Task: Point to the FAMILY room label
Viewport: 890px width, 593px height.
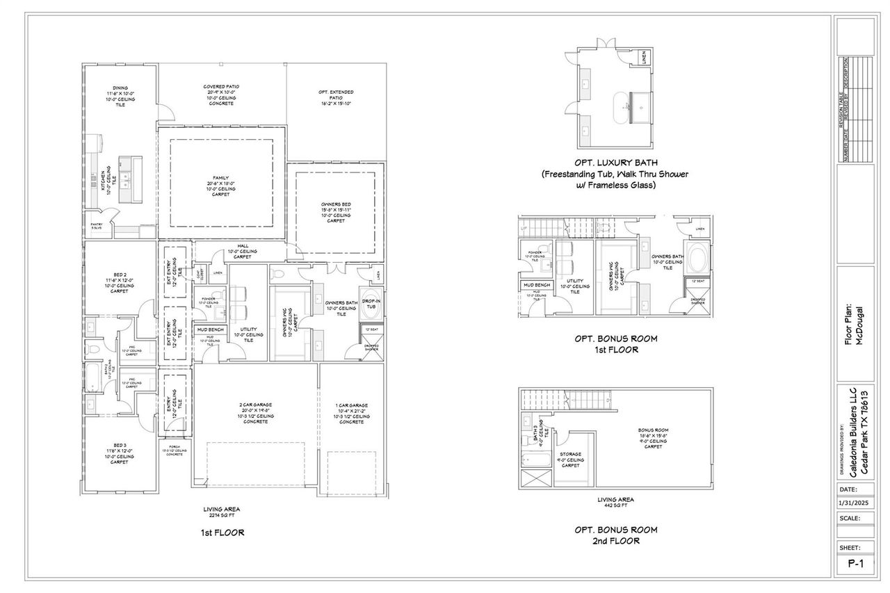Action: point(220,177)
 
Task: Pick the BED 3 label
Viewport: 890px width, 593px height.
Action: point(119,445)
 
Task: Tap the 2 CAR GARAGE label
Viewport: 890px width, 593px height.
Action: point(255,405)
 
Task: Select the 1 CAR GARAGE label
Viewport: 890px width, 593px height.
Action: point(350,405)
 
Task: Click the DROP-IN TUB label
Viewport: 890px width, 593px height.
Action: point(369,301)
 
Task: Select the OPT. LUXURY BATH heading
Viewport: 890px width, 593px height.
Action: point(615,163)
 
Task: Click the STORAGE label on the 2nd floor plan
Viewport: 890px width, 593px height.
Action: point(570,454)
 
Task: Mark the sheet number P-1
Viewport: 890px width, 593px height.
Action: point(856,565)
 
